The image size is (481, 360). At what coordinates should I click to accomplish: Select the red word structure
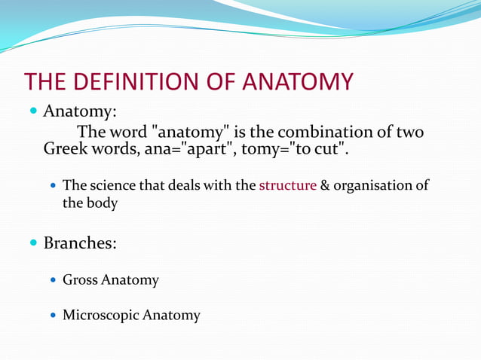(287, 185)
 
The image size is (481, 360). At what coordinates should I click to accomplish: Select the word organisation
(372, 185)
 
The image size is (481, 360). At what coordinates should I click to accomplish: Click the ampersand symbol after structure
(325, 185)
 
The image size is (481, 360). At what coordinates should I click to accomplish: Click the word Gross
(80, 280)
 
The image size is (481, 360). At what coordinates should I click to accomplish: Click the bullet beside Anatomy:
(33, 111)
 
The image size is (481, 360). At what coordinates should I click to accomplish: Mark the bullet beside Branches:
(33, 243)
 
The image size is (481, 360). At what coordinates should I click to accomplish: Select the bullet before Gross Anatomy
(52, 280)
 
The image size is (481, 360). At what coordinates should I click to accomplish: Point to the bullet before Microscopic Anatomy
(52, 315)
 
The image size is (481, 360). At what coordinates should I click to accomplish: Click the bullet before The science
(52, 185)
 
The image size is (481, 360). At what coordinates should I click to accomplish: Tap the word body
(102, 203)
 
